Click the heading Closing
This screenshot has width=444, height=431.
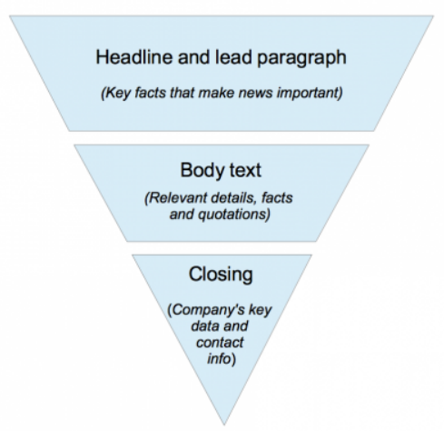[x=222, y=273]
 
